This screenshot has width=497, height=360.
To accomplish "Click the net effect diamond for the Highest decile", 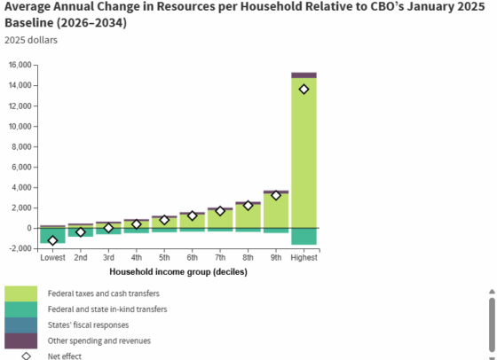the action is coord(304,90).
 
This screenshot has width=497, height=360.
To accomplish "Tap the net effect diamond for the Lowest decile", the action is coord(52,240).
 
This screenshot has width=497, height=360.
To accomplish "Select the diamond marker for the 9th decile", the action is coord(276,195).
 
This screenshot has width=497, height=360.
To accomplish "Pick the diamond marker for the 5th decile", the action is coord(164,220).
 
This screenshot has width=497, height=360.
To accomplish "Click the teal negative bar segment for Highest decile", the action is coord(304,237).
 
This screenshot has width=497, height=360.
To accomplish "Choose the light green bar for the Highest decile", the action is coord(304,153).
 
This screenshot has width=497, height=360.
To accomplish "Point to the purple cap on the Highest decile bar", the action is coord(304,75).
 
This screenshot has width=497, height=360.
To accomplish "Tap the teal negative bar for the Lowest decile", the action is coord(52,236).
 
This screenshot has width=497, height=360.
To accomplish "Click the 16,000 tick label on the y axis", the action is coord(20,65).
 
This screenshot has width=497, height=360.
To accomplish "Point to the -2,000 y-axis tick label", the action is coord(20,248).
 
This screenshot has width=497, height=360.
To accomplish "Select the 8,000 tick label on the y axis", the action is coord(22,146).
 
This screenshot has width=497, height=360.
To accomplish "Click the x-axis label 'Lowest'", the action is coord(52,257).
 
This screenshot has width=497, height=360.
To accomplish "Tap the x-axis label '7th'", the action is coord(220,257).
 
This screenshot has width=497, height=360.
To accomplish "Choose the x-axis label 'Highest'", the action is coord(304,257).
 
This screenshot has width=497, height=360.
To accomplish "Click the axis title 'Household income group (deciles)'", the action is coord(178,272).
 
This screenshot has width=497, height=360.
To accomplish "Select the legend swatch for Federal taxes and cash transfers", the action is coord(21,293).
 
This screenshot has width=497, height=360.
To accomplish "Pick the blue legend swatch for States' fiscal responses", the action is coord(21,325).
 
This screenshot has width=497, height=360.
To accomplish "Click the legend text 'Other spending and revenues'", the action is coord(99,340).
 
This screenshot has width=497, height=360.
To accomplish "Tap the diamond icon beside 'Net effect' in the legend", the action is coord(27,356).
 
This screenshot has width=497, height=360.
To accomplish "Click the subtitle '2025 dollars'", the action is coord(31,40).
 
